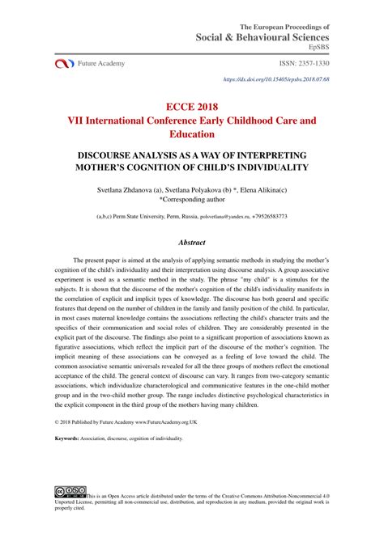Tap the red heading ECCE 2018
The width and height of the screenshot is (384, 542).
point(191,104)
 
